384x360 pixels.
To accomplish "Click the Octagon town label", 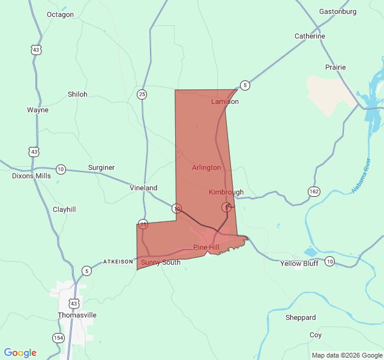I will [60, 14].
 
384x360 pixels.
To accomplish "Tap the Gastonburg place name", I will [338, 11].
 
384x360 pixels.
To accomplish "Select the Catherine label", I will [310, 37].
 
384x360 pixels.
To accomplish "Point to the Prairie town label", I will [335, 67].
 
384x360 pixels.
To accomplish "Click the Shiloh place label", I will [77, 94].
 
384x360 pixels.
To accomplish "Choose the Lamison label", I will [225, 101].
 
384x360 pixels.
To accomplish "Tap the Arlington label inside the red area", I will [206, 167].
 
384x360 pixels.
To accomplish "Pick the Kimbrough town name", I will [226, 192].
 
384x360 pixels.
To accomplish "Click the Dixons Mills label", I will [32, 176].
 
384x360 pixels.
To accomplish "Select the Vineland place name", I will [143, 188].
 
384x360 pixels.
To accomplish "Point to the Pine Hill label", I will [206, 248].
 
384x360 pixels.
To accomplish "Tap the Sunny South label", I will [160, 263].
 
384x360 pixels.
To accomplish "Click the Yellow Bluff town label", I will [299, 263].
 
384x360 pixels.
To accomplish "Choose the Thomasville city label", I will [77, 315].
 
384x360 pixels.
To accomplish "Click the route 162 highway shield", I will [314, 191].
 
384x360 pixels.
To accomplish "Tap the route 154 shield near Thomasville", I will [58, 338].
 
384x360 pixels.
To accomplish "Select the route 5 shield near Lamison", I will [245, 85].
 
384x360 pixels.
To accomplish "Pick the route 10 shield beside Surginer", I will [61, 169].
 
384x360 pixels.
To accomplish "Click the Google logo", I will [20, 353].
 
